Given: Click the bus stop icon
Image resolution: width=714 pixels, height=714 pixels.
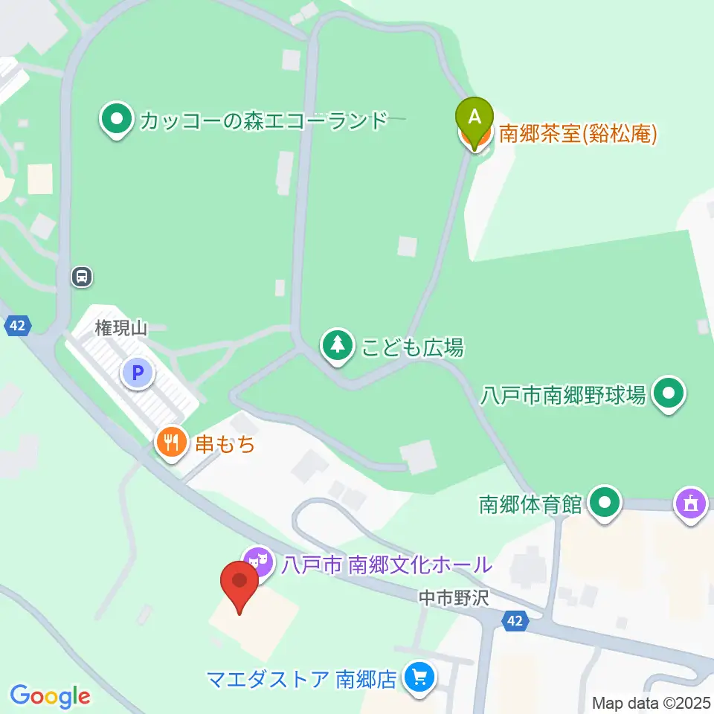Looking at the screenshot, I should point(82,277).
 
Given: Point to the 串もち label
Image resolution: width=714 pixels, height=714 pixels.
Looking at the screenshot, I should point(225,445).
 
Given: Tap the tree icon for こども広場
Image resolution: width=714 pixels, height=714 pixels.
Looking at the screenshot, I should point(338,345).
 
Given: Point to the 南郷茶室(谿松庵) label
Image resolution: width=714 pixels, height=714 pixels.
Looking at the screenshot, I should point(578,134).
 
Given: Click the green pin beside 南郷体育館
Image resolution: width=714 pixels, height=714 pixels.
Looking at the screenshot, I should point(605,504).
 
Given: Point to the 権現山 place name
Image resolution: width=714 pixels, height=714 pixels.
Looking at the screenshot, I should point(122,327).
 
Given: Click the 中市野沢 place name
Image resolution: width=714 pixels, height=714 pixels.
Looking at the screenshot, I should point(453,597).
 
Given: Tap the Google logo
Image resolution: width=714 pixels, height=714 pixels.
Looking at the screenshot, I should point(50,696).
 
